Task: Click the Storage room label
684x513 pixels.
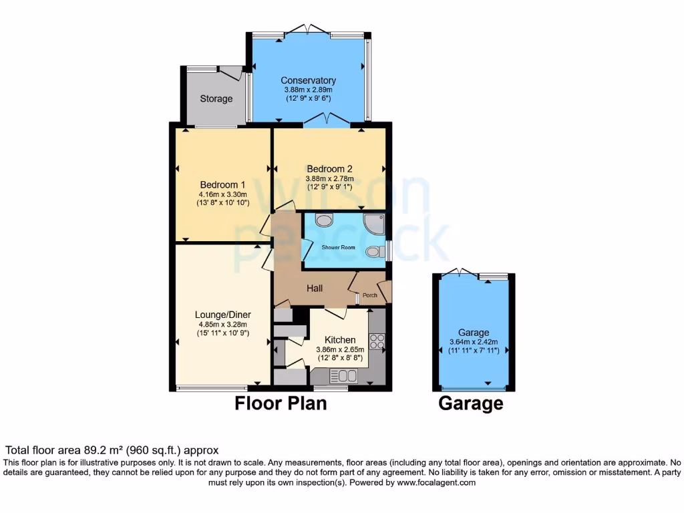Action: pos(216,99)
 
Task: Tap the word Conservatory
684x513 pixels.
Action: pos(308,80)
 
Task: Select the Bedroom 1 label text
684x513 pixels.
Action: pos(223,184)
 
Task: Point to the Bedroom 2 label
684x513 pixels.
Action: pos(329,169)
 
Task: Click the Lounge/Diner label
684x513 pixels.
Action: pos(222,315)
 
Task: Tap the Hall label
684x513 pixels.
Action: pos(315,289)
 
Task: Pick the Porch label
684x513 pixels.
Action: pos(369,295)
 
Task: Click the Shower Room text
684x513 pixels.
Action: pos(339,247)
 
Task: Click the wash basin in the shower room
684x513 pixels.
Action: pos(324,221)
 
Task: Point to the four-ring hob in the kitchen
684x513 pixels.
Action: pos(376,341)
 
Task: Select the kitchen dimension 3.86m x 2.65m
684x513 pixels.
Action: pos(340,349)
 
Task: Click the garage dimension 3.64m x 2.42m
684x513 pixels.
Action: pos(474,342)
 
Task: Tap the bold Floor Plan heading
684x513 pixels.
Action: pos(281,403)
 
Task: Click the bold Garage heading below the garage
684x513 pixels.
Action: pos(470,403)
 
